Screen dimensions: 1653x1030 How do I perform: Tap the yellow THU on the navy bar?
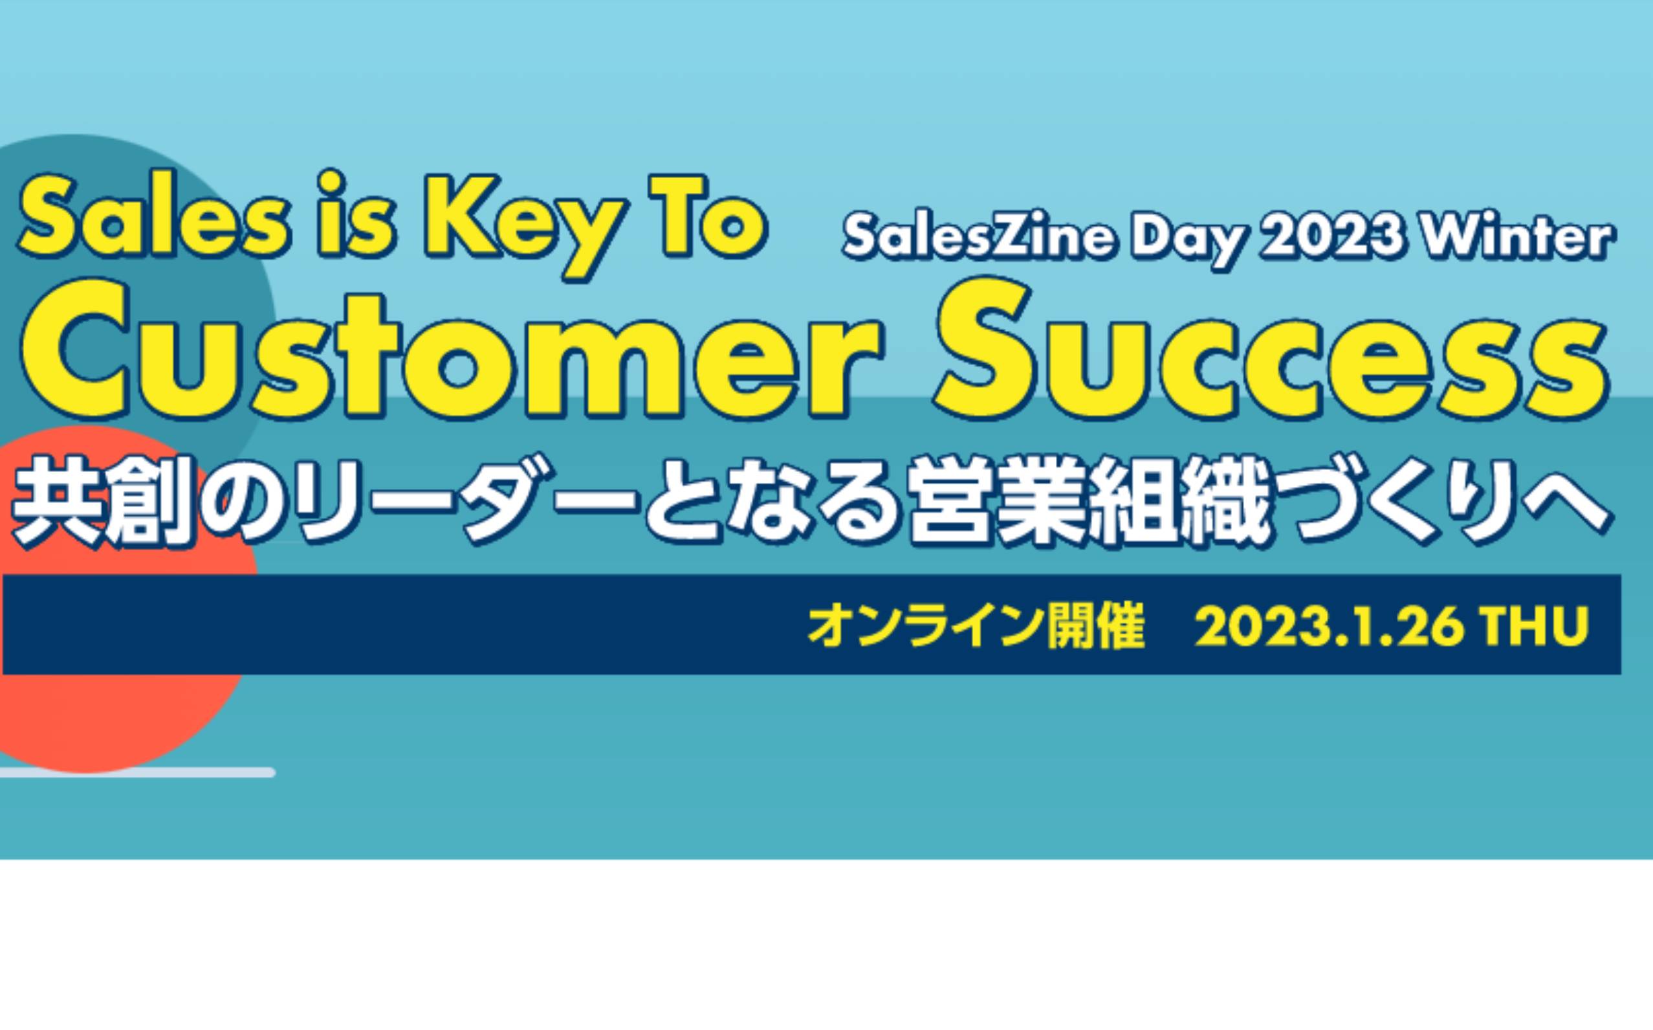tap(1535, 626)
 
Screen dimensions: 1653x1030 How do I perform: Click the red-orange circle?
tap(102, 599)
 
